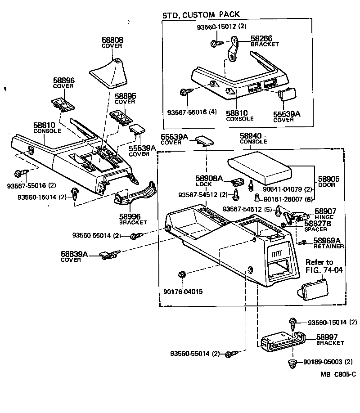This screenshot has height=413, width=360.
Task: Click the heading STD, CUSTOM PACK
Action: [201, 15]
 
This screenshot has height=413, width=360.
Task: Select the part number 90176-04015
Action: [183, 291]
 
